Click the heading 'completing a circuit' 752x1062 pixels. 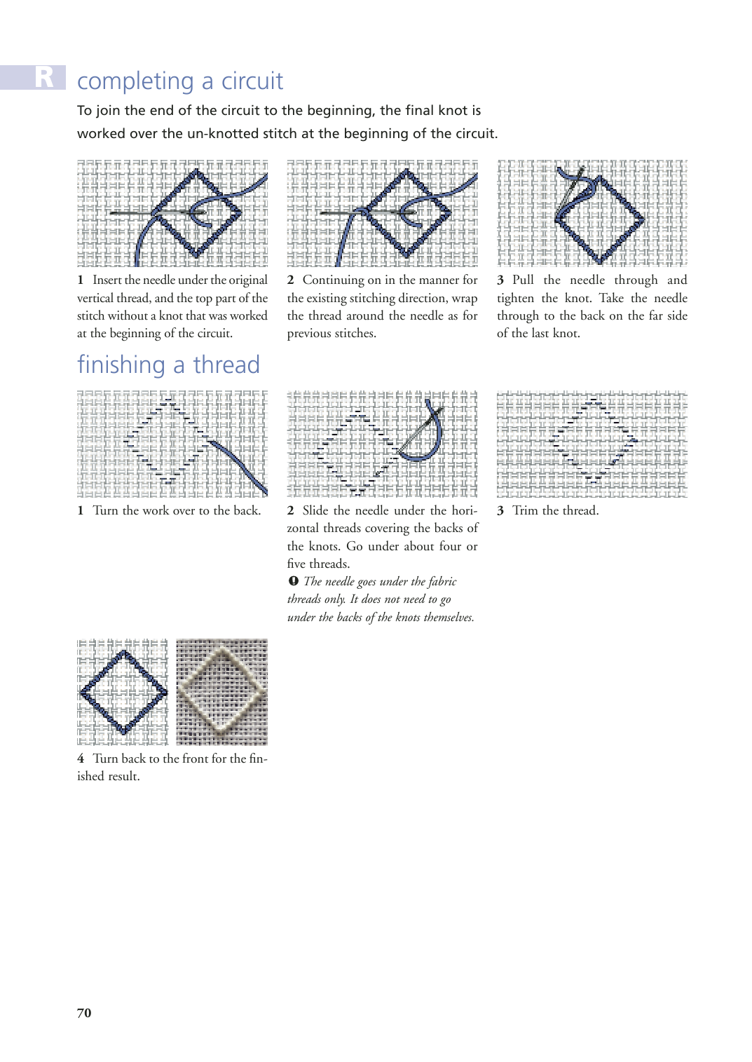point(180,81)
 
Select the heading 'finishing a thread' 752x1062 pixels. point(168,365)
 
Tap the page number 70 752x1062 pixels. point(84,1013)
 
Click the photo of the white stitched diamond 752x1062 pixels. point(221,692)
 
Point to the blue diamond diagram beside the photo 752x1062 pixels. point(123,692)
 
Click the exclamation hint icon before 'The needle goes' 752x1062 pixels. point(294,581)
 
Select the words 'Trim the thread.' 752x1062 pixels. point(556,510)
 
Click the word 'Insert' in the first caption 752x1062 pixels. point(107,280)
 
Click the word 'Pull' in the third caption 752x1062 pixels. point(523,280)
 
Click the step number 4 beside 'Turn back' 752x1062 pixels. point(81,758)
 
